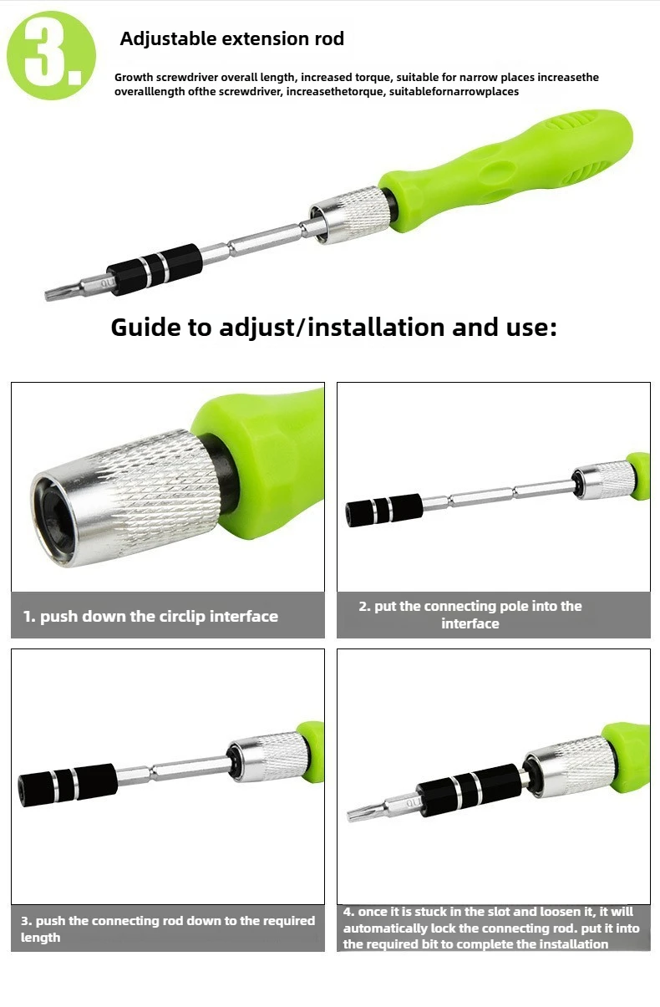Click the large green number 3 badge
click(51, 55)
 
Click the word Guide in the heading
click(146, 328)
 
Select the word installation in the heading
click(376, 327)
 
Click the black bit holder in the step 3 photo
click(68, 783)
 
